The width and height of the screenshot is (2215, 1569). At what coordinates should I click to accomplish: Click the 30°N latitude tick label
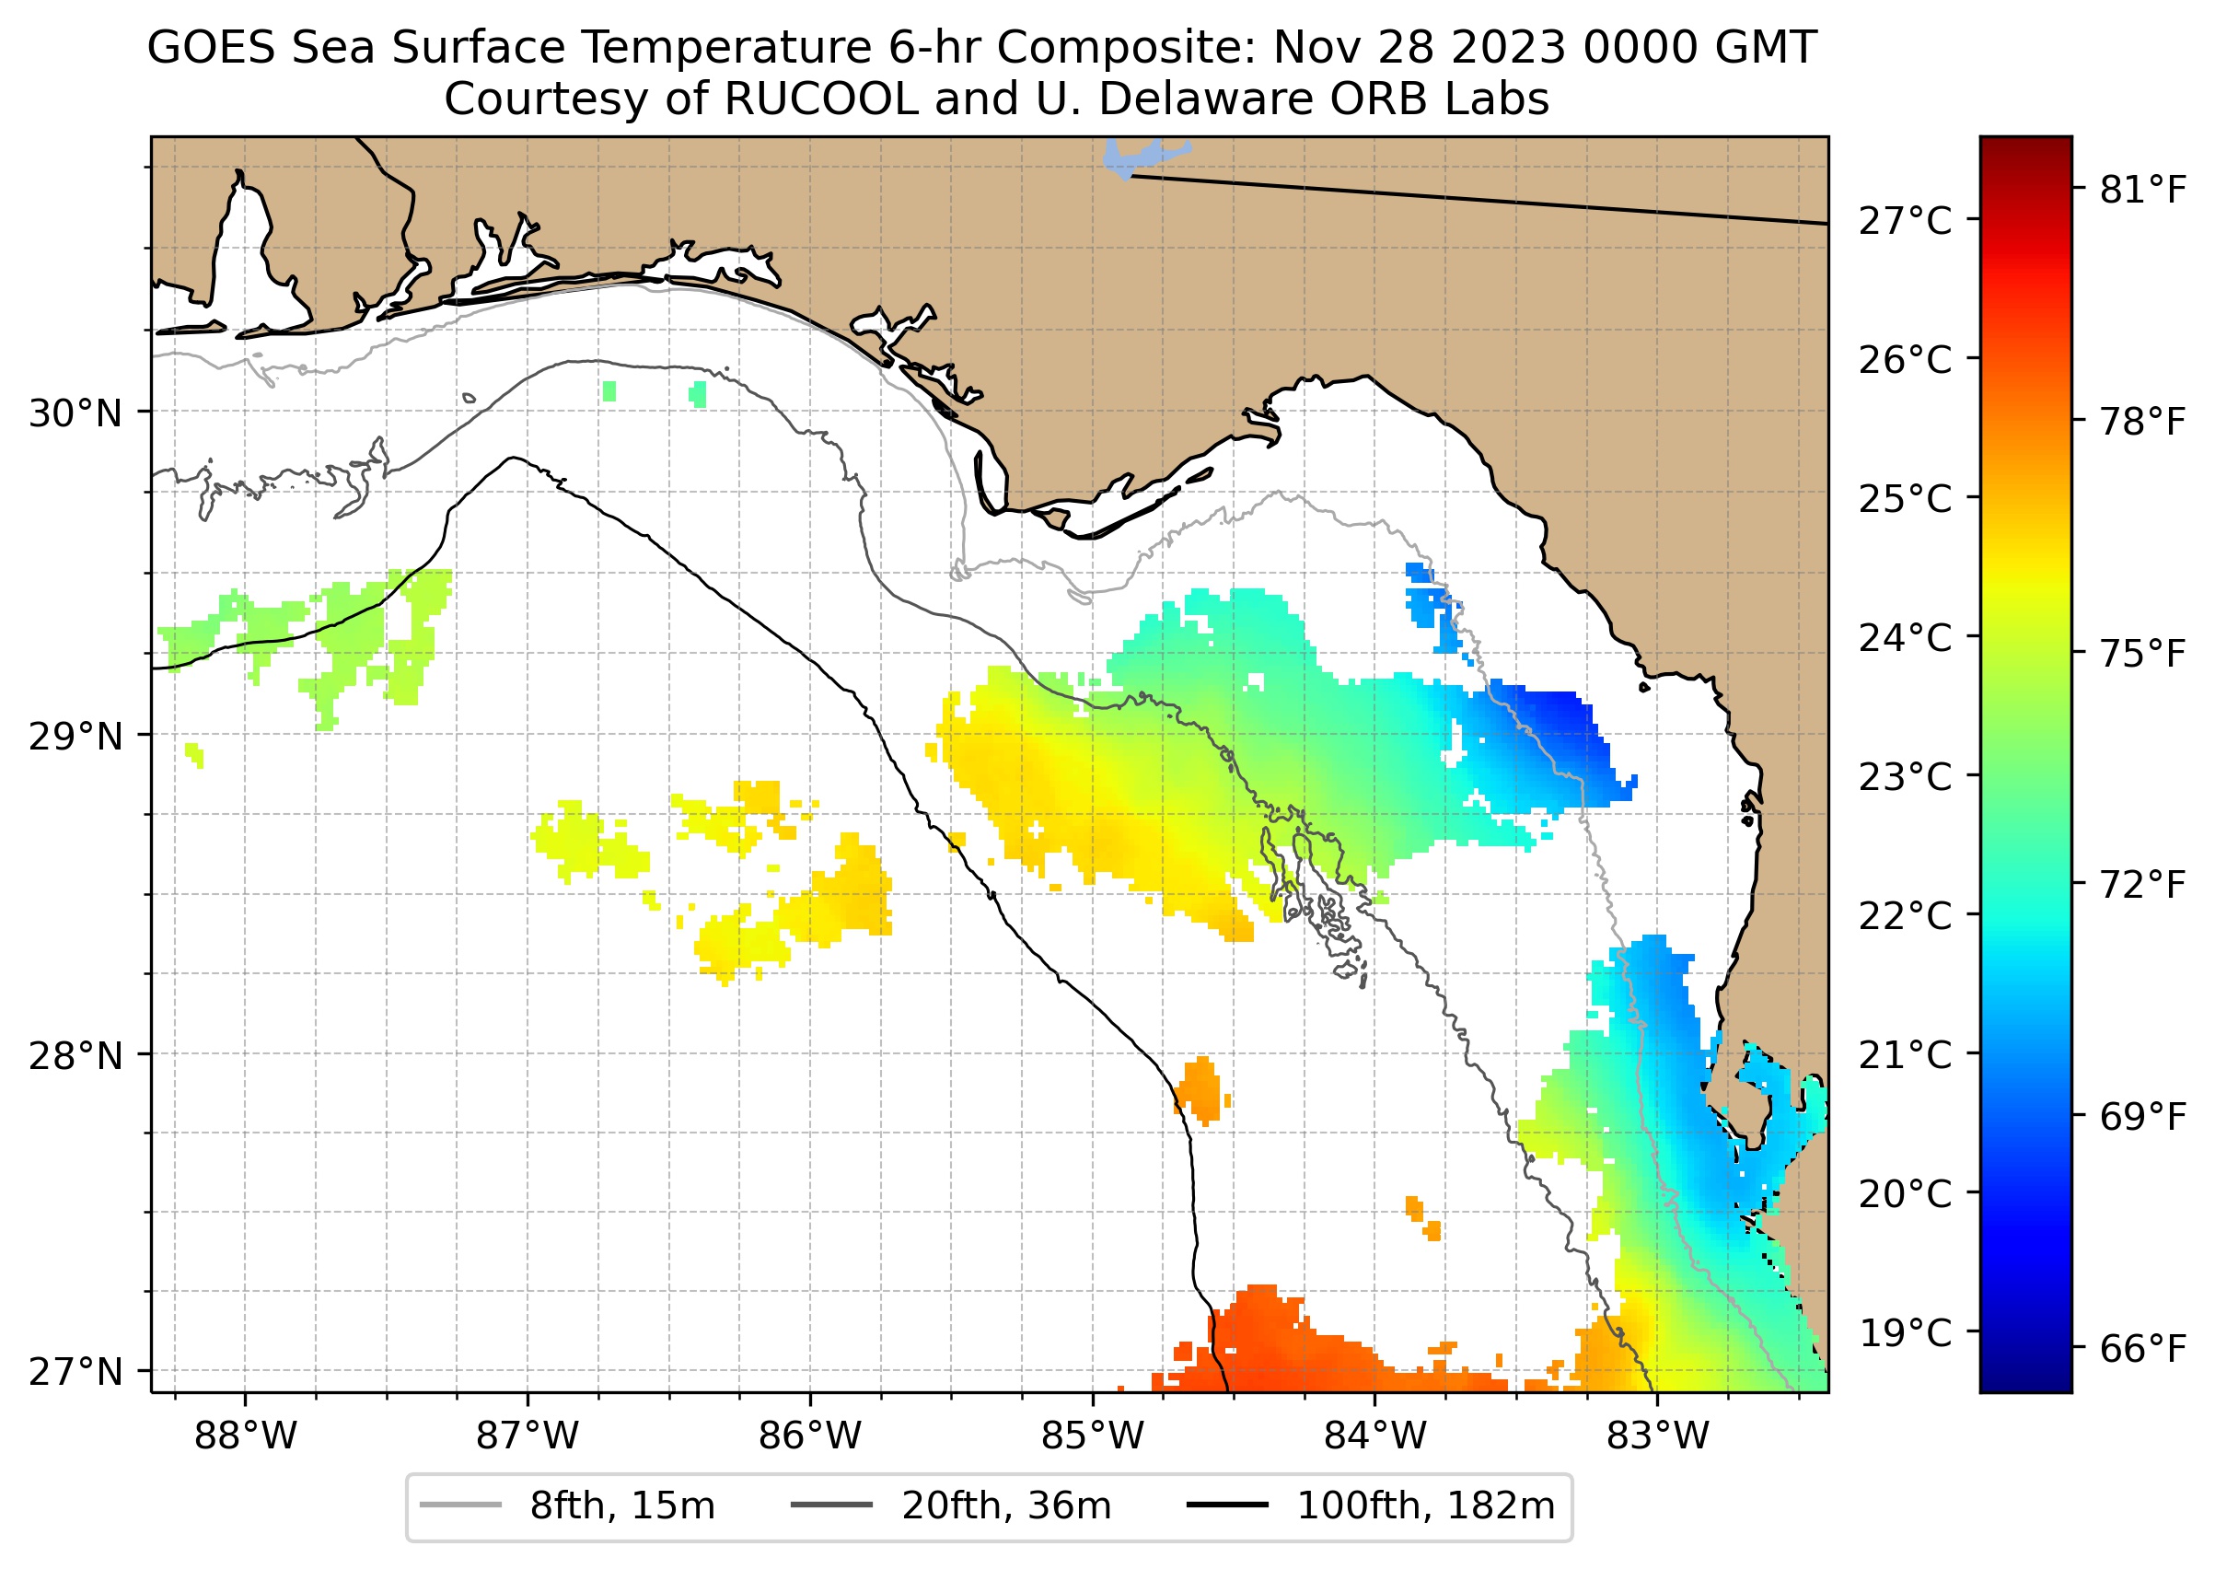(x=75, y=414)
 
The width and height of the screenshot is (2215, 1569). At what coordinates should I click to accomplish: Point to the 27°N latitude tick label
(x=75, y=1372)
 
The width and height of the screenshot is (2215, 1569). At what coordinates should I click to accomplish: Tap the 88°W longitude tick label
(x=246, y=1436)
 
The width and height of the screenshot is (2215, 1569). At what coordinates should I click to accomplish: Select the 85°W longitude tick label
(x=1093, y=1436)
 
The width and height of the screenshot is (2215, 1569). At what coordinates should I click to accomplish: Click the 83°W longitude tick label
(x=1658, y=1436)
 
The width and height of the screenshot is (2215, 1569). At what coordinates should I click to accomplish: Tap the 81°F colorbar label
(x=2142, y=191)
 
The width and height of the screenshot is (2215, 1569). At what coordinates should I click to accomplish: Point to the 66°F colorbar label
(x=2142, y=1349)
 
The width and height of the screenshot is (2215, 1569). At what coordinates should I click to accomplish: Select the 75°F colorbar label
(x=2142, y=654)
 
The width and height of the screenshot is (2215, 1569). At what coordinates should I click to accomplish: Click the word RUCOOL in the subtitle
(x=820, y=99)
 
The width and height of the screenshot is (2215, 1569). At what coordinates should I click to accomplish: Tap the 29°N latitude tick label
(x=75, y=738)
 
